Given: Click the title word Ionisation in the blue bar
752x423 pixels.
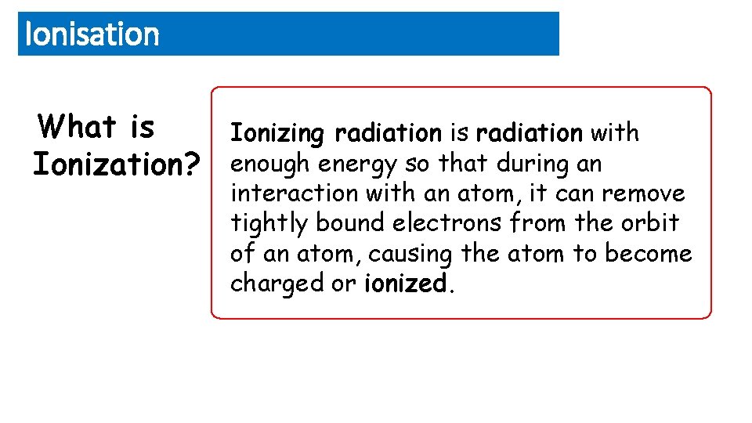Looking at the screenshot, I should [92, 34].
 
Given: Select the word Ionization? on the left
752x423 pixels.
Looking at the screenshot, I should [116, 164].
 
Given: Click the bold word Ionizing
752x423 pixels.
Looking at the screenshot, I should [277, 134].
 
